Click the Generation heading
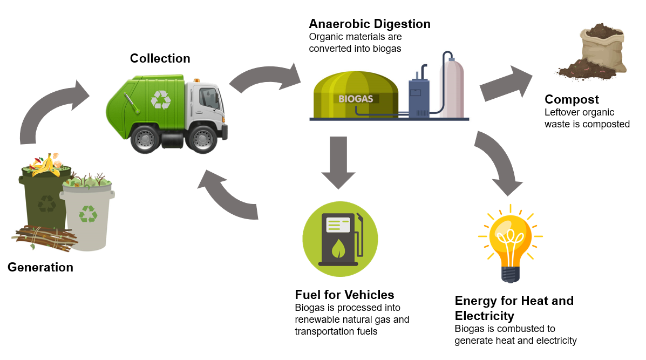40,267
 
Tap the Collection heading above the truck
160,58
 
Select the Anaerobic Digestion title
369,24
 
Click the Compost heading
572,99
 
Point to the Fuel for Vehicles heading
344,295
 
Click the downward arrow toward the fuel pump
338,161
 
